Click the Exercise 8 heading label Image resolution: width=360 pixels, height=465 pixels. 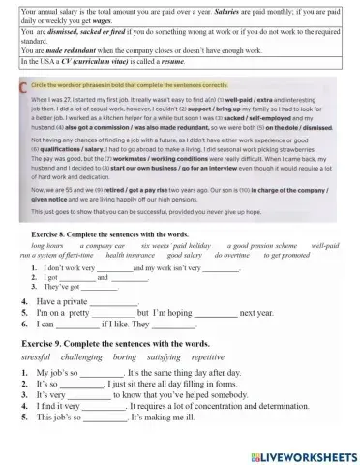click(45, 233)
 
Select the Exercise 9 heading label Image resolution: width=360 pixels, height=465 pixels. click(45, 344)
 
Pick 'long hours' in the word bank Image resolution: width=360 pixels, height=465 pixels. click(47, 246)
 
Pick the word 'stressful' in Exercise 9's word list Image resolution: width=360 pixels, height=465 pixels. click(39, 357)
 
